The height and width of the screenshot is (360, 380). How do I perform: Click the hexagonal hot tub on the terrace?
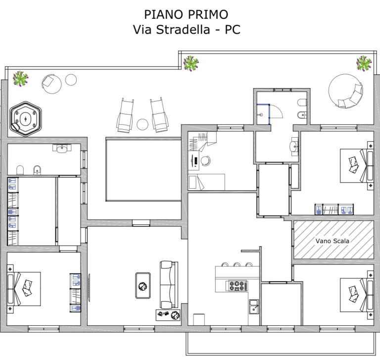[x=25, y=119]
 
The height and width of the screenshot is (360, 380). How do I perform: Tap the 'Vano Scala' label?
[x=332, y=241]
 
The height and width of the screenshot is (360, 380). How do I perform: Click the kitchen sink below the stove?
[x=254, y=307]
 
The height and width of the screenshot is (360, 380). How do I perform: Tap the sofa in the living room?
[x=169, y=285]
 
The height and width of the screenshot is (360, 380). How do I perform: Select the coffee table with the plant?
[x=142, y=286]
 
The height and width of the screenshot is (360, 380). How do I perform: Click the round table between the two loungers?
[x=142, y=124]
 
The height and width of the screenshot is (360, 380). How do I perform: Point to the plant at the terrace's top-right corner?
[x=364, y=63]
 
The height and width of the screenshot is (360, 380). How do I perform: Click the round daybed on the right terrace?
[x=345, y=91]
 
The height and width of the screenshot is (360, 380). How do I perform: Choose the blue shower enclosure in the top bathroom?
[x=263, y=114]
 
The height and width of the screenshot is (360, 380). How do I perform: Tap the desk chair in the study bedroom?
[x=205, y=160]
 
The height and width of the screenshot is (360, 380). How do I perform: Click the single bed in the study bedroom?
[x=206, y=182]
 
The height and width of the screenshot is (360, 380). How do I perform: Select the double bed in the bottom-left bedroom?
[x=24, y=289]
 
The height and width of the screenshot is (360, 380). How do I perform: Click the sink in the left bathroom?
[x=62, y=149]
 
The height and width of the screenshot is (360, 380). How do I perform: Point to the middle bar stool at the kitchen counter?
[x=237, y=264]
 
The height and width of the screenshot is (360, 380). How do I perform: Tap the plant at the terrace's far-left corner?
[x=20, y=78]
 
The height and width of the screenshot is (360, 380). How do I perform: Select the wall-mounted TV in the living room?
[x=89, y=288]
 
